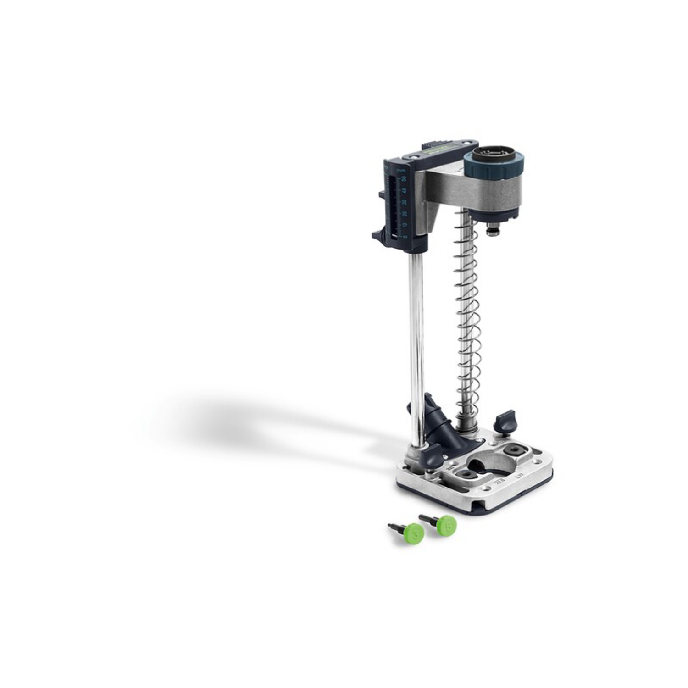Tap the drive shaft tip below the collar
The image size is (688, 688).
click(x=493, y=231)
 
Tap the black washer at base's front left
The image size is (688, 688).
click(x=466, y=474)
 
